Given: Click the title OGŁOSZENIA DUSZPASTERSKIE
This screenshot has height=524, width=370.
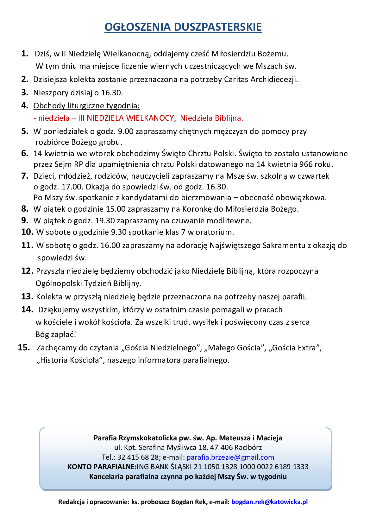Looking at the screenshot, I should coord(183,27).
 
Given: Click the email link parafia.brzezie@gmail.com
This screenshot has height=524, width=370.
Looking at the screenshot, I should coord(230,457).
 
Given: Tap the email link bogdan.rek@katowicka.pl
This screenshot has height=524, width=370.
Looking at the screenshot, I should coord(269,502).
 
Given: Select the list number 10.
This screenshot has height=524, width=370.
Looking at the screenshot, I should coord(27,232).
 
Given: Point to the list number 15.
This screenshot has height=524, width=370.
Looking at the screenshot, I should coord(24,348).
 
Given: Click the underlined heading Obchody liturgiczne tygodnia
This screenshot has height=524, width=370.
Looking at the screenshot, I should coord(86,105).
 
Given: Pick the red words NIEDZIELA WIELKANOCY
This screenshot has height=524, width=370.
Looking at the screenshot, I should coord(130,118).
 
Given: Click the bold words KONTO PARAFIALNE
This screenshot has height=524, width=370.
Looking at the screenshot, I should coord(101,467).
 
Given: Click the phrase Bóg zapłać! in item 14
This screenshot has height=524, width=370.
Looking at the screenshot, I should coord(56,334).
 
